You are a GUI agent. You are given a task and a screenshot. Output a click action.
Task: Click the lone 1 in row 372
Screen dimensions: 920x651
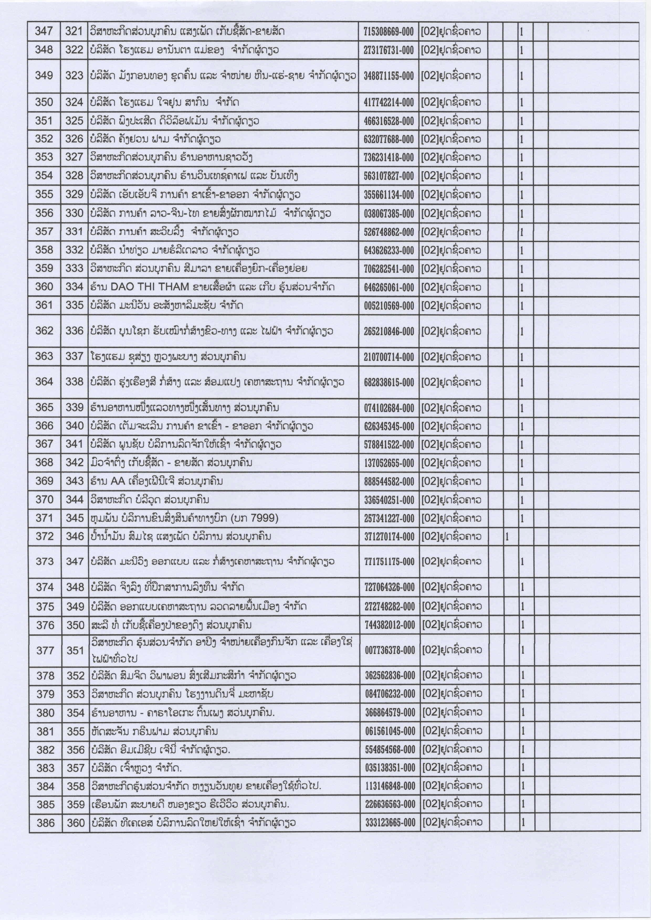507,536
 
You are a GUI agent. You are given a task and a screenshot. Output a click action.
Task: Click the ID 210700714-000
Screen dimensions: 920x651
389,357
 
